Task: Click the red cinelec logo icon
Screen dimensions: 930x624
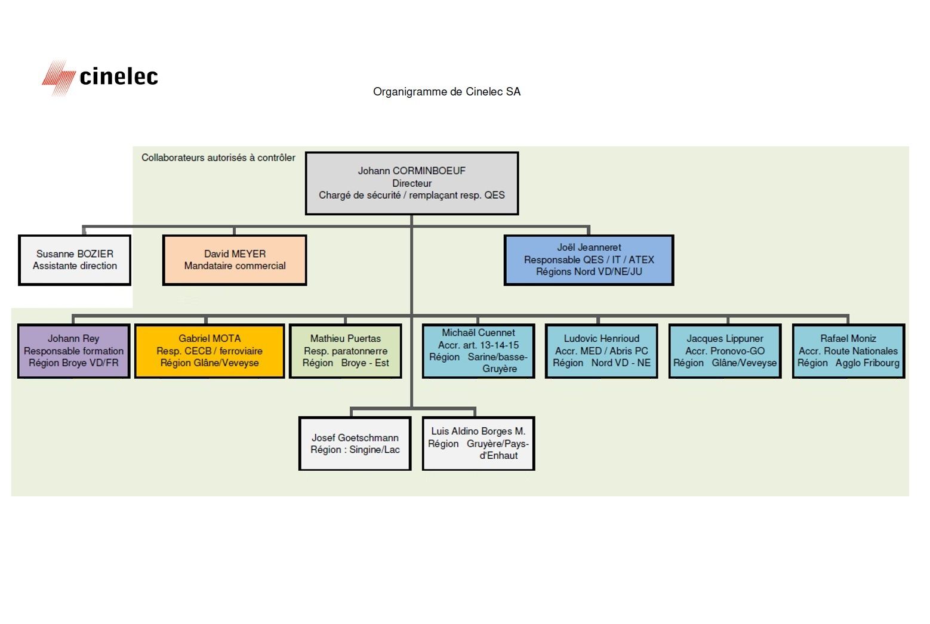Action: [58, 78]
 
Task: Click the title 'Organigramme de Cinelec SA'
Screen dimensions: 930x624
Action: [446, 92]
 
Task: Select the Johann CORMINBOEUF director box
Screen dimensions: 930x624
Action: [412, 183]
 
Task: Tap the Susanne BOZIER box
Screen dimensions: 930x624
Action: [75, 260]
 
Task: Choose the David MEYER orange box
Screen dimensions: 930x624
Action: [235, 260]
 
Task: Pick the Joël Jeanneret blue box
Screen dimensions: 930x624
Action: [589, 260]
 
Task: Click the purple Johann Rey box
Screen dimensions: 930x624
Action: [73, 351]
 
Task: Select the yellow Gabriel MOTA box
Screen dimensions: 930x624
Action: [210, 351]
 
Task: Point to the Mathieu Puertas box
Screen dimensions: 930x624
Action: [346, 351]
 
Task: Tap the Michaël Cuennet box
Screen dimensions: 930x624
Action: [478, 351]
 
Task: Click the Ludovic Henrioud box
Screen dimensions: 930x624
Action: [601, 351]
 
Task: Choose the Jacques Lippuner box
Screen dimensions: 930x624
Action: [725, 351]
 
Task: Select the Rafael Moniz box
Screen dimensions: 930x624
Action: [848, 351]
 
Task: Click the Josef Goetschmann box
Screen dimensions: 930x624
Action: [355, 443]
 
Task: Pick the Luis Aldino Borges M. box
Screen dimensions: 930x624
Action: [478, 443]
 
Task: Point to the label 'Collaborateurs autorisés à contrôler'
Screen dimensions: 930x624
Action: [218, 157]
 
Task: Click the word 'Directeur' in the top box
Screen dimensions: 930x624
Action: [412, 183]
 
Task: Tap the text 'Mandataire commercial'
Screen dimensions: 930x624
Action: [235, 265]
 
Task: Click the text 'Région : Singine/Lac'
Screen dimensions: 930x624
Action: [355, 450]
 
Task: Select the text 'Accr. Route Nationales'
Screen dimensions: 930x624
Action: [848, 351]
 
